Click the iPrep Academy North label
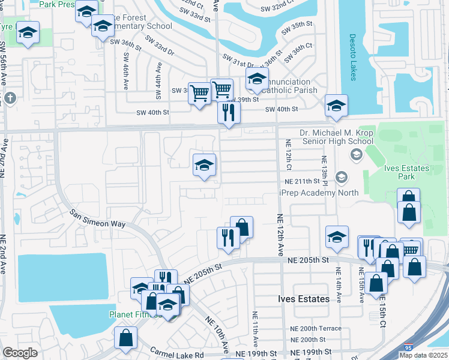[x=319, y=193]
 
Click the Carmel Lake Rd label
[x=177, y=353]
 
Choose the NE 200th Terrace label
[x=316, y=329]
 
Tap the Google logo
[x=20, y=353]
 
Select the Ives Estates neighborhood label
[x=304, y=299]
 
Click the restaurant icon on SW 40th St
[x=229, y=113]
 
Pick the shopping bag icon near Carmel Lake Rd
[x=126, y=338]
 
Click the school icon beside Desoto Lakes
[x=336, y=106]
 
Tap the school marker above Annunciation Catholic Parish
[x=257, y=79]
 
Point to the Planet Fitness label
[x=128, y=314]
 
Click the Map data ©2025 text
[x=424, y=355]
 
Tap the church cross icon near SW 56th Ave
[x=9, y=98]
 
